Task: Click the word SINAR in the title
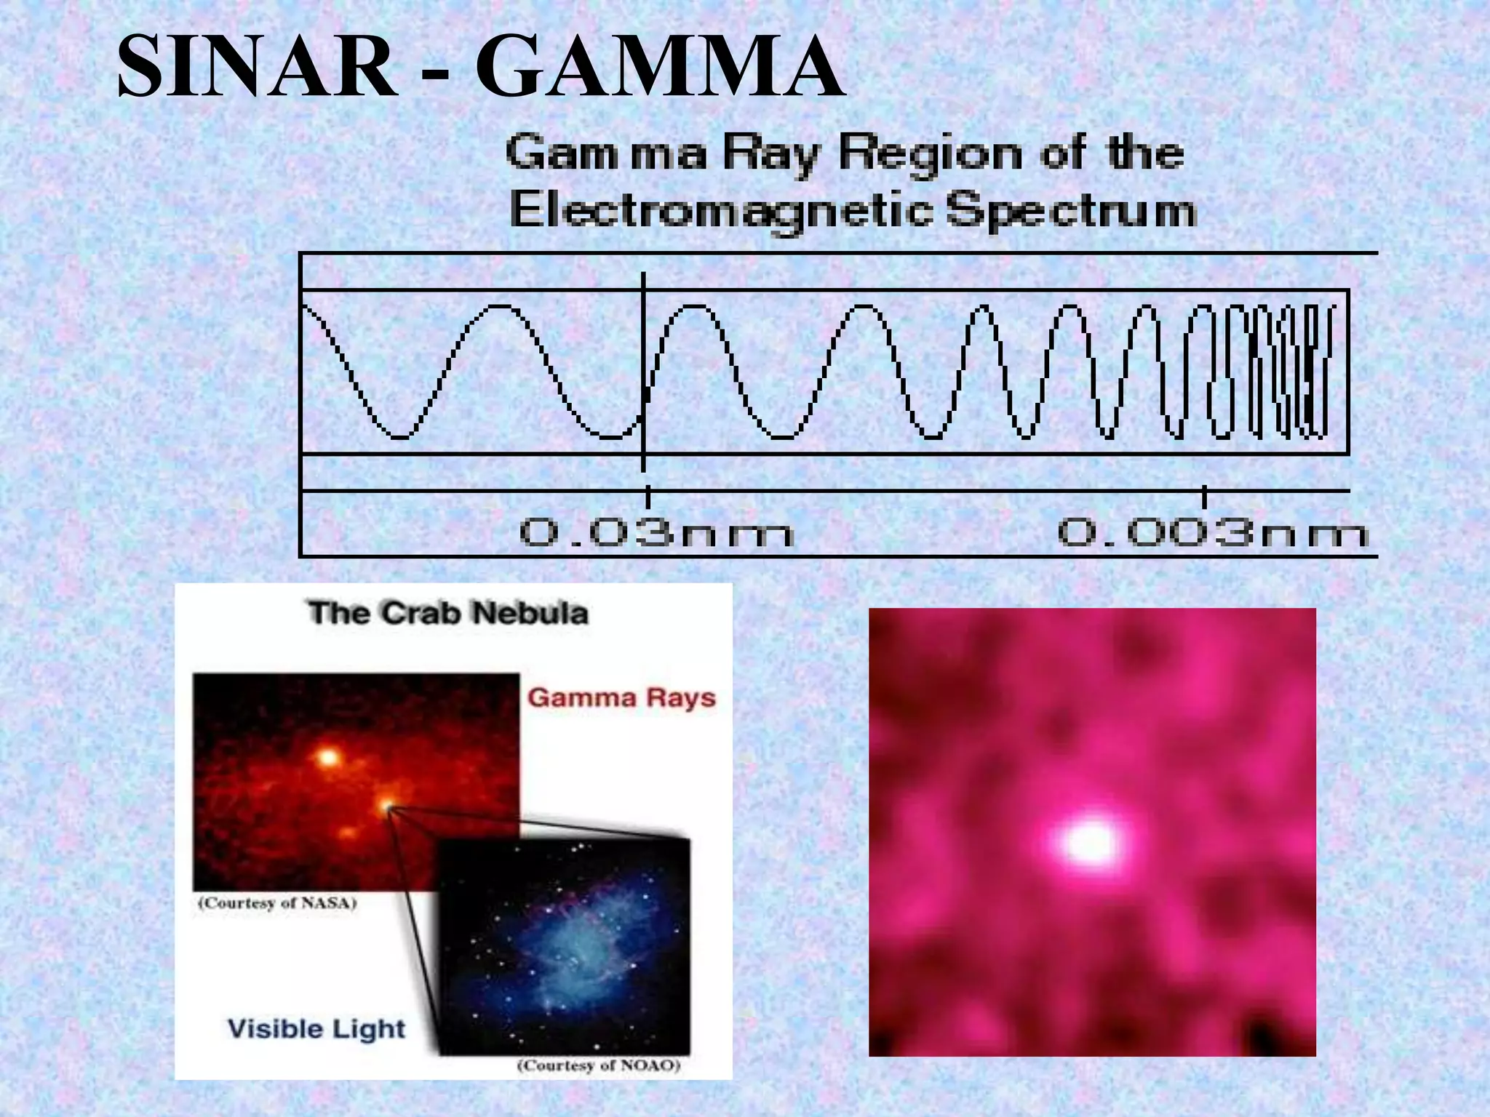pos(257,67)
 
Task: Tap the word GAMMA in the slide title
pos(660,67)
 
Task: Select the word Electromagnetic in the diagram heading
pos(721,210)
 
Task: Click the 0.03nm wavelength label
pos(656,533)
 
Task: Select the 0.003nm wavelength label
pos(1213,533)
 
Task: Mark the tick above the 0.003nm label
pos(1205,497)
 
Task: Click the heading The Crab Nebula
pos(447,613)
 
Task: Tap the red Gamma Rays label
pos(621,697)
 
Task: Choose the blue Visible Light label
pos(316,1028)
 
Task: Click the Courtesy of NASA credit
pos(277,903)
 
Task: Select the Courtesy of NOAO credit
pos(598,1065)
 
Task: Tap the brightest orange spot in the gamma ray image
pos(329,758)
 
